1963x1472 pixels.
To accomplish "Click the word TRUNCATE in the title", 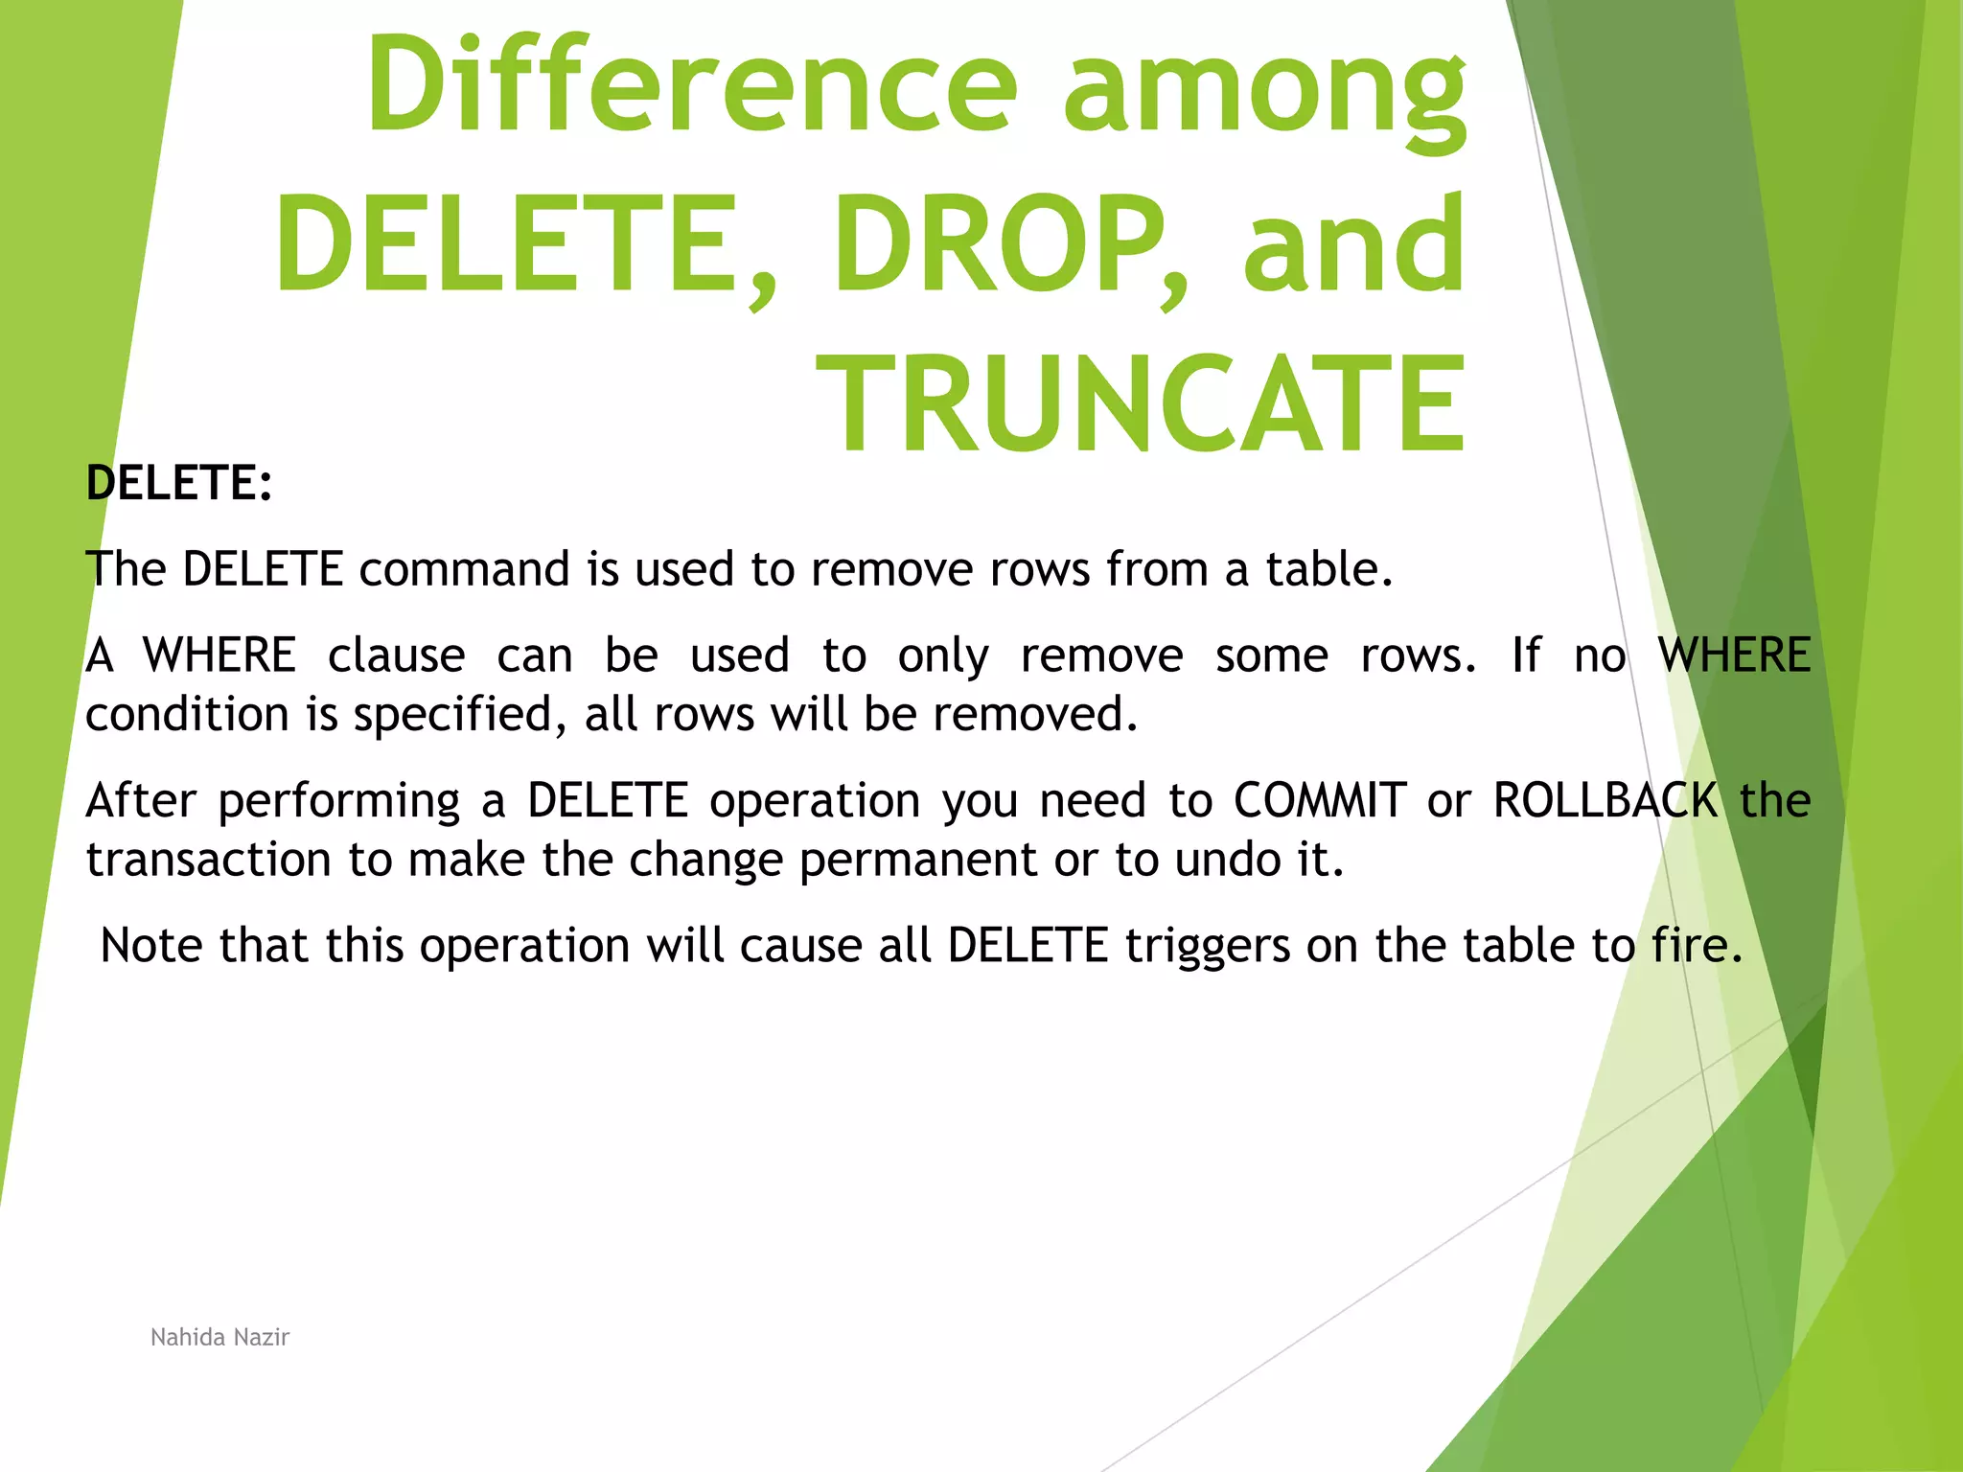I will pos(1141,402).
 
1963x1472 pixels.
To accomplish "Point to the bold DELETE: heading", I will pos(179,482).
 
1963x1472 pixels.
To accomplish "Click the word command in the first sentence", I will pos(464,569).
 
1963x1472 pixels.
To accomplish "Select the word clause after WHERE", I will pos(396,655).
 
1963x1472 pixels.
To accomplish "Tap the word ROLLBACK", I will pos(1605,800).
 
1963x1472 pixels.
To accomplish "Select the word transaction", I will pos(208,860).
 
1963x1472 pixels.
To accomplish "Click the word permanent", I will pos(917,860).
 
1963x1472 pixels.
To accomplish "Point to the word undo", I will pos(1228,860).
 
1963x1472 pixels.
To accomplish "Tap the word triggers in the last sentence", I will pos(1207,947).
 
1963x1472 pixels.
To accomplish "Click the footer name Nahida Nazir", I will pos(219,1337).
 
